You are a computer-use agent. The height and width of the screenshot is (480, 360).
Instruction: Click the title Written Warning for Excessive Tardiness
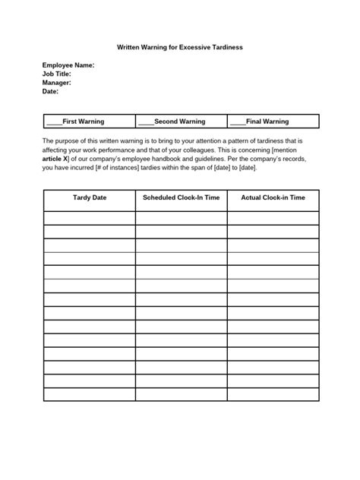(x=179, y=46)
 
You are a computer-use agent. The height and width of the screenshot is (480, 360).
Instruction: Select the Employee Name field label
(x=68, y=66)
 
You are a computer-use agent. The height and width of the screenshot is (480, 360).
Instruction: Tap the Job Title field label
(x=57, y=74)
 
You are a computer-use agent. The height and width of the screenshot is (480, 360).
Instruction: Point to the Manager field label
(x=57, y=83)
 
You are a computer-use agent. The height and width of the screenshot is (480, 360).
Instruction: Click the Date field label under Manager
(x=50, y=91)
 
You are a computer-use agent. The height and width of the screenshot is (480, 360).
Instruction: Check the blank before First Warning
(x=54, y=122)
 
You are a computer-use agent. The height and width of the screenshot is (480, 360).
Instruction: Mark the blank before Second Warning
(x=146, y=122)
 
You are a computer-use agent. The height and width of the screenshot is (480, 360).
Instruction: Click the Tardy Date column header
(x=89, y=197)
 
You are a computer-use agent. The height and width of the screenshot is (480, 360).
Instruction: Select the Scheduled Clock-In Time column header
(x=181, y=197)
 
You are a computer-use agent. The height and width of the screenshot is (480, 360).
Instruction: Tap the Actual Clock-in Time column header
(x=273, y=197)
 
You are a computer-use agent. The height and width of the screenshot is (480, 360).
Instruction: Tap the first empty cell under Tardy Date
(x=89, y=218)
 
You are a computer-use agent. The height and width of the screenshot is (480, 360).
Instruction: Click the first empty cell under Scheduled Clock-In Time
(x=181, y=218)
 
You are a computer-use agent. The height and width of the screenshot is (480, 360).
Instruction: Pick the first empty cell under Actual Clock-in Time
(x=273, y=218)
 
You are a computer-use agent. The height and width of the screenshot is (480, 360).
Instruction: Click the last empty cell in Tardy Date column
(x=89, y=393)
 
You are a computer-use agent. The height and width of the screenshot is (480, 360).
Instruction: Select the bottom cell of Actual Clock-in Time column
(x=273, y=393)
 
